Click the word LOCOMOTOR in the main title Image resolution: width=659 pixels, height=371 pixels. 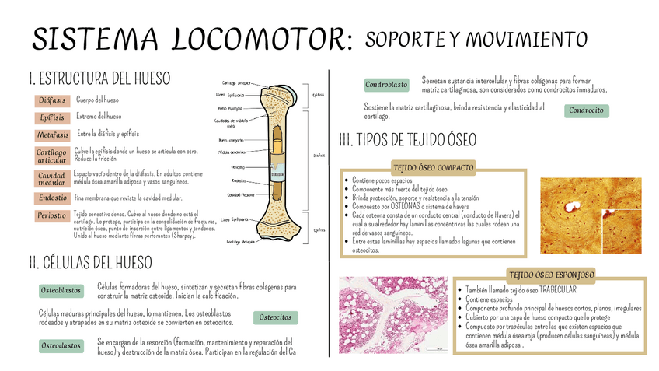tap(256, 40)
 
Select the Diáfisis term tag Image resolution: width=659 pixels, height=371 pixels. tap(52, 100)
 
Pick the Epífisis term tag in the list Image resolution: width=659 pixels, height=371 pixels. tap(52, 117)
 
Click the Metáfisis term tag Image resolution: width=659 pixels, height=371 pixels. tap(53, 135)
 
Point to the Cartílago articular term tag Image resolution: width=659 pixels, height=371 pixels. tap(52, 156)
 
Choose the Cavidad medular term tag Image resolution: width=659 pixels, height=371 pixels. tap(52, 180)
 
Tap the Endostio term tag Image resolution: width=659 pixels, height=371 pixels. tap(52, 198)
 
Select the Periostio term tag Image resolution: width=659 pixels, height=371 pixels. tap(52, 215)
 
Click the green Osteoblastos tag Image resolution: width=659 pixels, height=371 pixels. tap(61, 290)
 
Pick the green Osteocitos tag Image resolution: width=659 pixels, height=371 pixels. tap(276, 317)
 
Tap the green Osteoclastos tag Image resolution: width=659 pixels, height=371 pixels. tap(61, 345)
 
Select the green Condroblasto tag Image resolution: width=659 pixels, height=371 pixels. tap(386, 84)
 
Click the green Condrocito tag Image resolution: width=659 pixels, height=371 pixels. tap(586, 110)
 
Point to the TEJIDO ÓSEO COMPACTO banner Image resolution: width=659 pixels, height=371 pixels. tap(433, 166)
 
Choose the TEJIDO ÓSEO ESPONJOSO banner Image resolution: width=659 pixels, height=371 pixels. tap(552, 275)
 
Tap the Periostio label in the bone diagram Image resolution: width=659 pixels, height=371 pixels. tap(238, 167)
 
